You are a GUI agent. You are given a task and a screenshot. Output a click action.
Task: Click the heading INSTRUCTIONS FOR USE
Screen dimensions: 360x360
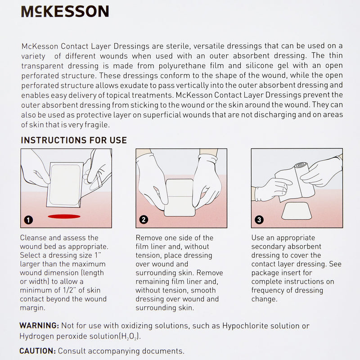[x=74, y=140]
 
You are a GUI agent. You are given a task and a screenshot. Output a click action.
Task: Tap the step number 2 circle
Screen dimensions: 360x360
[x=144, y=220]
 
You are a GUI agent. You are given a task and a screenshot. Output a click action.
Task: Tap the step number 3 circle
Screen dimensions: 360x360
[x=259, y=220]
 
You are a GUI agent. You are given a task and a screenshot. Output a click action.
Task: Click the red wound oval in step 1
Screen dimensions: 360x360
[x=63, y=216]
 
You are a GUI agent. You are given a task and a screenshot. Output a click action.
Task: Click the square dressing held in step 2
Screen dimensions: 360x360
[x=181, y=197]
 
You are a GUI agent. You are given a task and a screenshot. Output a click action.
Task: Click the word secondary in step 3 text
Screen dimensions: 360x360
[x=268, y=247]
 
